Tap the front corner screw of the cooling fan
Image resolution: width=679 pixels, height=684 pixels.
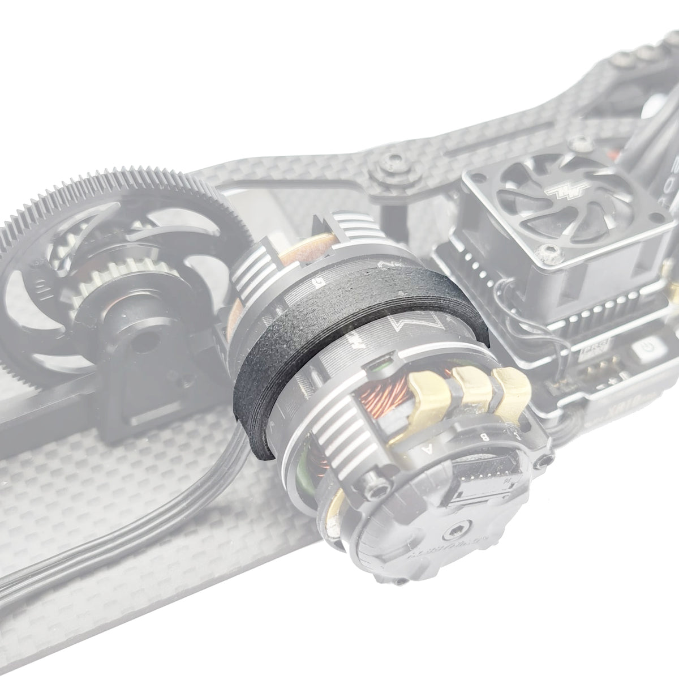click(x=552, y=258)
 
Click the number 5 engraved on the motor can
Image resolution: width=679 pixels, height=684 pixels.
click(x=321, y=280)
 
